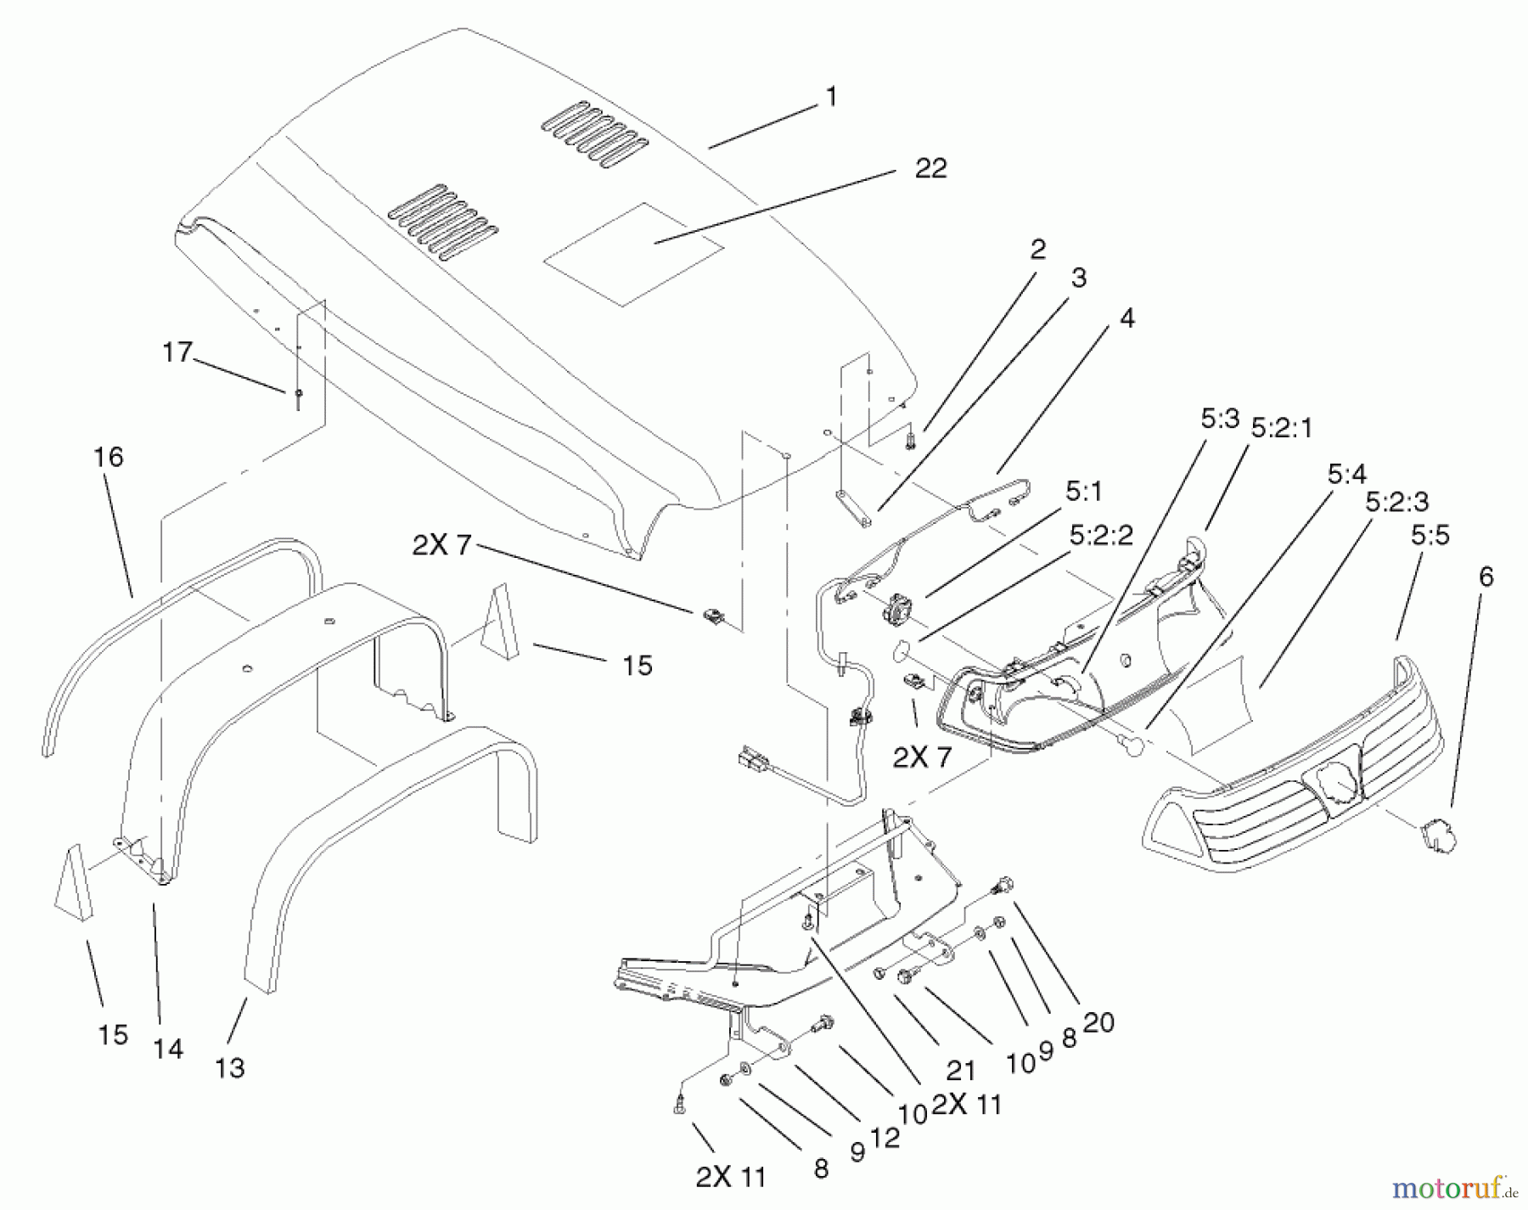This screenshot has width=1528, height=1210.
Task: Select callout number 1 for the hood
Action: (831, 97)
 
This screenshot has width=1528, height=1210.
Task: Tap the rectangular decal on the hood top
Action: (633, 254)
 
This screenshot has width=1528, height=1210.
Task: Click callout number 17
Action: (177, 352)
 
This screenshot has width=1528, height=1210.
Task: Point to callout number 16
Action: (108, 458)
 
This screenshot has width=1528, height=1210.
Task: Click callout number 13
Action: (229, 1066)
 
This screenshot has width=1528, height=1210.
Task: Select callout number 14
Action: (168, 1050)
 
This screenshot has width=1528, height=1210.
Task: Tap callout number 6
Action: (1486, 577)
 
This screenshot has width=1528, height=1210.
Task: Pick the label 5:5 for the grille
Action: (1430, 536)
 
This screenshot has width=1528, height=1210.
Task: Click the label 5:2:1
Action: (1281, 429)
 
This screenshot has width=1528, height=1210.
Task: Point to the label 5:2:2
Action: (1101, 536)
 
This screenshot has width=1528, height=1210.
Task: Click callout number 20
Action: (1098, 1022)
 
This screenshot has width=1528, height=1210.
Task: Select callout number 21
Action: (961, 1071)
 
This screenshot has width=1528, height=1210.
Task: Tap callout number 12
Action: (885, 1138)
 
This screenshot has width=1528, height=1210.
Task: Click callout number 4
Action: (1126, 318)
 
